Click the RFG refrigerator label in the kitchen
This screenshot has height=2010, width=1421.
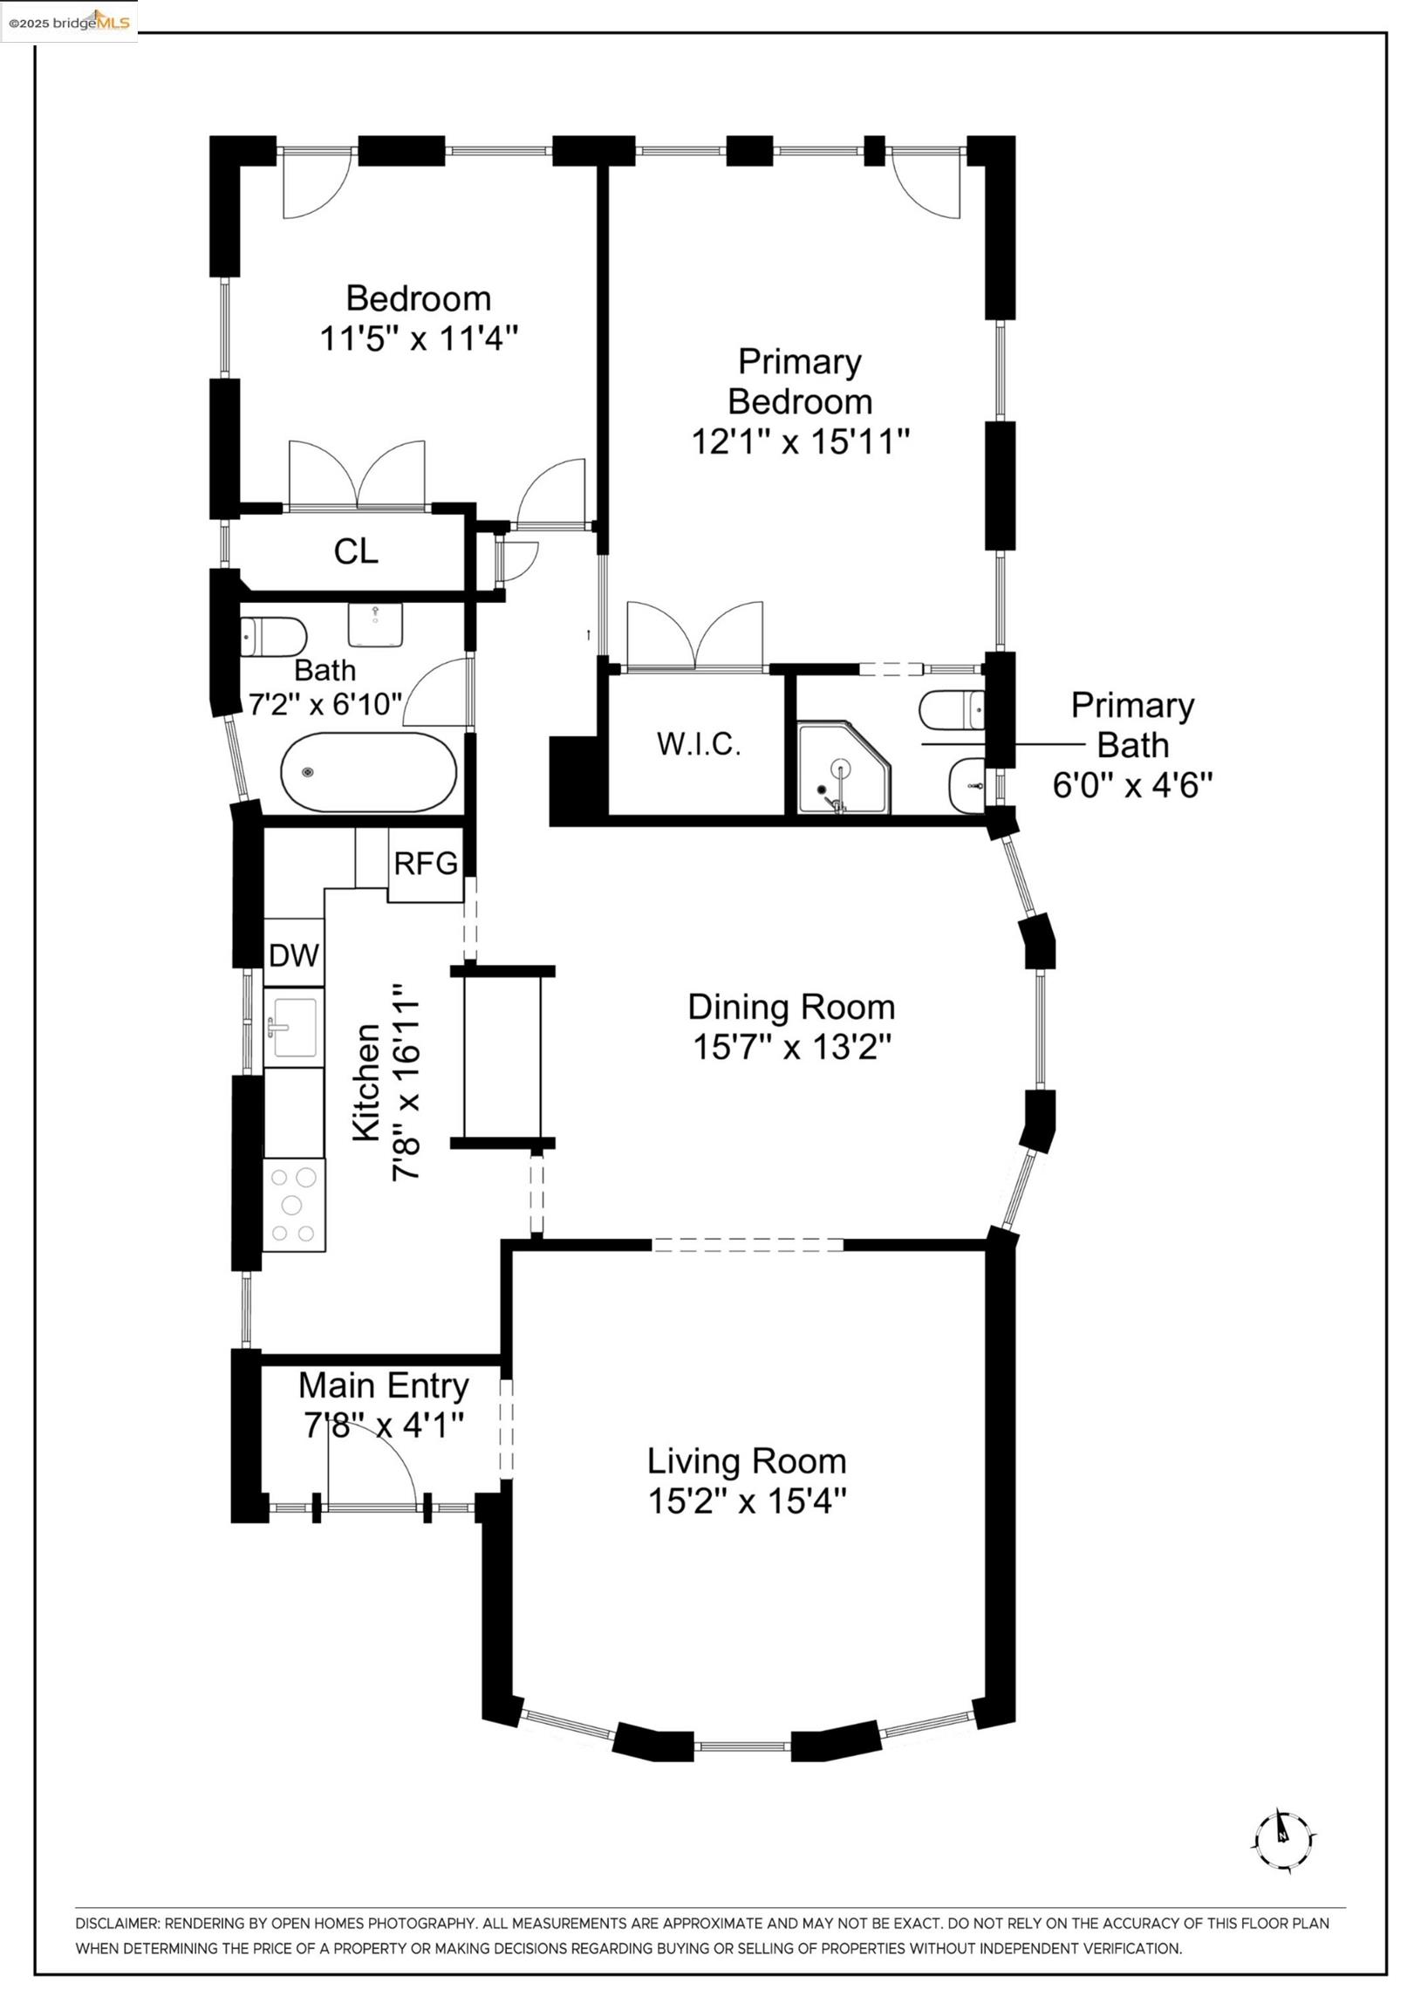click(426, 864)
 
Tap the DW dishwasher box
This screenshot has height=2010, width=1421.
click(294, 954)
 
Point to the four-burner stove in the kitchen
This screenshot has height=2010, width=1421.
click(293, 1205)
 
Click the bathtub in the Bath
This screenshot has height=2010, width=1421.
click(369, 772)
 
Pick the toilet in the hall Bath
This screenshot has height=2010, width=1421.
click(273, 637)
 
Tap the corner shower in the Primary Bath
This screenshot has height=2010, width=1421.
click(844, 768)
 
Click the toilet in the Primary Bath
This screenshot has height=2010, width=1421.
click(953, 709)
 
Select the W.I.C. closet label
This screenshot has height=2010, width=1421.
click(699, 744)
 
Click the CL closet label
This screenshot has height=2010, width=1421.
click(357, 551)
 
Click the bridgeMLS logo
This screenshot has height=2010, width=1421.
click(69, 21)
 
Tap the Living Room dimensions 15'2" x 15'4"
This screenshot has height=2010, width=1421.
click(747, 1501)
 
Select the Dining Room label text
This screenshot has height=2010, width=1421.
click(791, 1008)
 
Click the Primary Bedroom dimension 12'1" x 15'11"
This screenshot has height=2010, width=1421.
click(800, 441)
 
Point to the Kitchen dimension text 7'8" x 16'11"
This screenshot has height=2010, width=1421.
click(407, 1082)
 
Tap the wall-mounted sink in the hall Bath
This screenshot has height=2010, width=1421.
click(375, 624)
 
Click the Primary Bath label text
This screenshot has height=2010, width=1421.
click(1133, 726)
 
